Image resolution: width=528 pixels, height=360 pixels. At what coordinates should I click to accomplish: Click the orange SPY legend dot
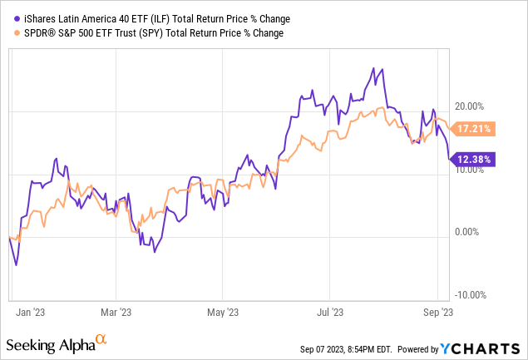pyautogui.click(x=7, y=33)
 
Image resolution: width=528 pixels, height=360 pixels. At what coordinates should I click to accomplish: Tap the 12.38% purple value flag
pyautogui.click(x=472, y=159)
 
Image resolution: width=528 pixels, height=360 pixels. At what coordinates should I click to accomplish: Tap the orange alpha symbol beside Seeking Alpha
pyautogui.click(x=101, y=339)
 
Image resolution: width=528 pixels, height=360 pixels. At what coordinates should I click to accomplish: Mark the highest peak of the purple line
pyautogui.click(x=382, y=69)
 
